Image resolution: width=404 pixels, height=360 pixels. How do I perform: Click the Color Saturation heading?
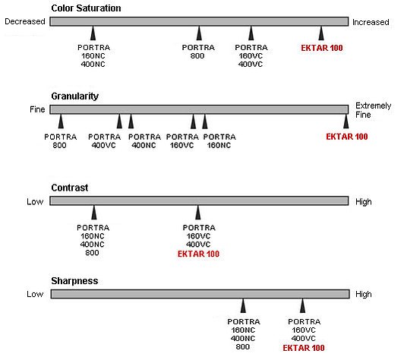pos(86,8)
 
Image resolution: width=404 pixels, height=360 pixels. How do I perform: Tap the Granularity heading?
pos(74,96)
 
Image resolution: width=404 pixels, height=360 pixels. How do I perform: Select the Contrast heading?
pos(70,188)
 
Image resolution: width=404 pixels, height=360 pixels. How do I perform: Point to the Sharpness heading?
pos(74,281)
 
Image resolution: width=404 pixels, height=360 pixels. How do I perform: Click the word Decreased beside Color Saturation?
pos(25,21)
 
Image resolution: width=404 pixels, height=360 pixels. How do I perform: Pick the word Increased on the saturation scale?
pos(371,22)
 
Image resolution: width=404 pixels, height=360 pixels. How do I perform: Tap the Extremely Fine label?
pos(373,110)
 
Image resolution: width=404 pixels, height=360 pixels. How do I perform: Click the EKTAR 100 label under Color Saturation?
pos(322,48)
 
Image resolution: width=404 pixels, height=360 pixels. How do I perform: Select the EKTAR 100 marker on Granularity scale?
pos(346,121)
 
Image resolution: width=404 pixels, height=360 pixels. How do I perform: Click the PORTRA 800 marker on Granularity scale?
pos(61,121)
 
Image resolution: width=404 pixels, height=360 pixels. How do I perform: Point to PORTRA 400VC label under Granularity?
pos(104,141)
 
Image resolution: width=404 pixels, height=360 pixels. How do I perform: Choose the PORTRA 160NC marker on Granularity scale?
pos(205,121)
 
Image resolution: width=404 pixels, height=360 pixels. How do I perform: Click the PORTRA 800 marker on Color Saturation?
pos(199,33)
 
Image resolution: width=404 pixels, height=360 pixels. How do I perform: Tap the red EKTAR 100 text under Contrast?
pos(198,254)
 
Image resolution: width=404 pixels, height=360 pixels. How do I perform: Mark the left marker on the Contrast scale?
pos(94,213)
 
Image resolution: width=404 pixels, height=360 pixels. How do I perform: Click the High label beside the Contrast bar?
pos(364,201)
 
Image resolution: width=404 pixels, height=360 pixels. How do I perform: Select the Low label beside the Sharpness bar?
pos(35,294)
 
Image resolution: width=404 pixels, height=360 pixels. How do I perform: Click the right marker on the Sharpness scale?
pos(303,305)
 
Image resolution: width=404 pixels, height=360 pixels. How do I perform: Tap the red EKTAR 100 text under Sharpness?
pos(304,348)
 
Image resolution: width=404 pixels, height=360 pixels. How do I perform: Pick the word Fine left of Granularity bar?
pos(37,109)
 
